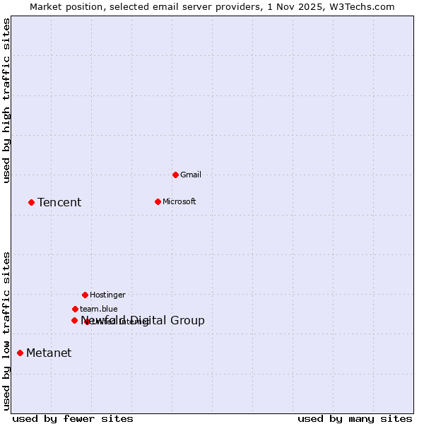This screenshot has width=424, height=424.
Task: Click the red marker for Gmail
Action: tap(175, 175)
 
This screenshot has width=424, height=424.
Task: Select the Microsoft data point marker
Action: tap(158, 201)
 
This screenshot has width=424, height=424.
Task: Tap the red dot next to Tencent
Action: tap(31, 202)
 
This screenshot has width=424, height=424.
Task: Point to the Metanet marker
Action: tap(20, 353)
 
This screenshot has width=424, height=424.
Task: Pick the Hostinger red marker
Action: tap(85, 295)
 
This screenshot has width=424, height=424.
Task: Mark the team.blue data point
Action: tap(75, 309)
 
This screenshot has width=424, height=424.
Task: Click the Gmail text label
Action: tap(191, 175)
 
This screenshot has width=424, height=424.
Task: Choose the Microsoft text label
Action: tap(179, 201)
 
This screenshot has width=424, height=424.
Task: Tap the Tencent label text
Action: tap(59, 203)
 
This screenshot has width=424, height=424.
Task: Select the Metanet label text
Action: tap(49, 353)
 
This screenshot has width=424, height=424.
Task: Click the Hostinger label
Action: tap(107, 295)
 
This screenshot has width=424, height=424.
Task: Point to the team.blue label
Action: tap(99, 309)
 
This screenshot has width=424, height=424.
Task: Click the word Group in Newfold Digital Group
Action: tap(187, 321)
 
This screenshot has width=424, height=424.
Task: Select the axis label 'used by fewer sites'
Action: tap(73, 418)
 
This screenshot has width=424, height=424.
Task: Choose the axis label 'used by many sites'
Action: tap(355, 418)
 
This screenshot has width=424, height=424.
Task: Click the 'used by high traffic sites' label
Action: tap(7, 100)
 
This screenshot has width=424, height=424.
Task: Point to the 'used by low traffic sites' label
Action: tap(7, 330)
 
